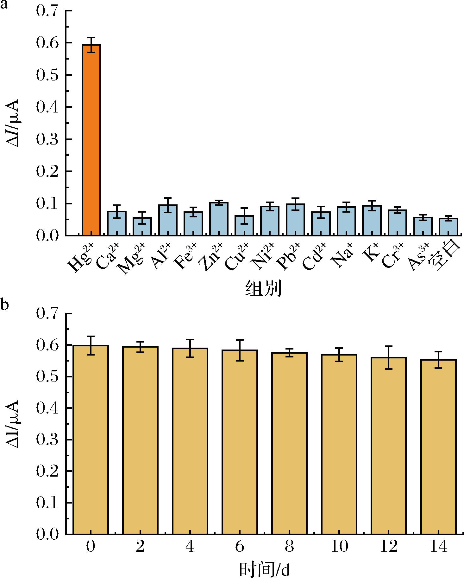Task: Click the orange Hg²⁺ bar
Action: coord(91,139)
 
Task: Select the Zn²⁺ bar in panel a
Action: coord(219,219)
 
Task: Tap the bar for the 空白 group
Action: coord(448,227)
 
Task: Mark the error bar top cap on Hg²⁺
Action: coord(91,37)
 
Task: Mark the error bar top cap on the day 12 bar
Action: coord(389,346)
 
